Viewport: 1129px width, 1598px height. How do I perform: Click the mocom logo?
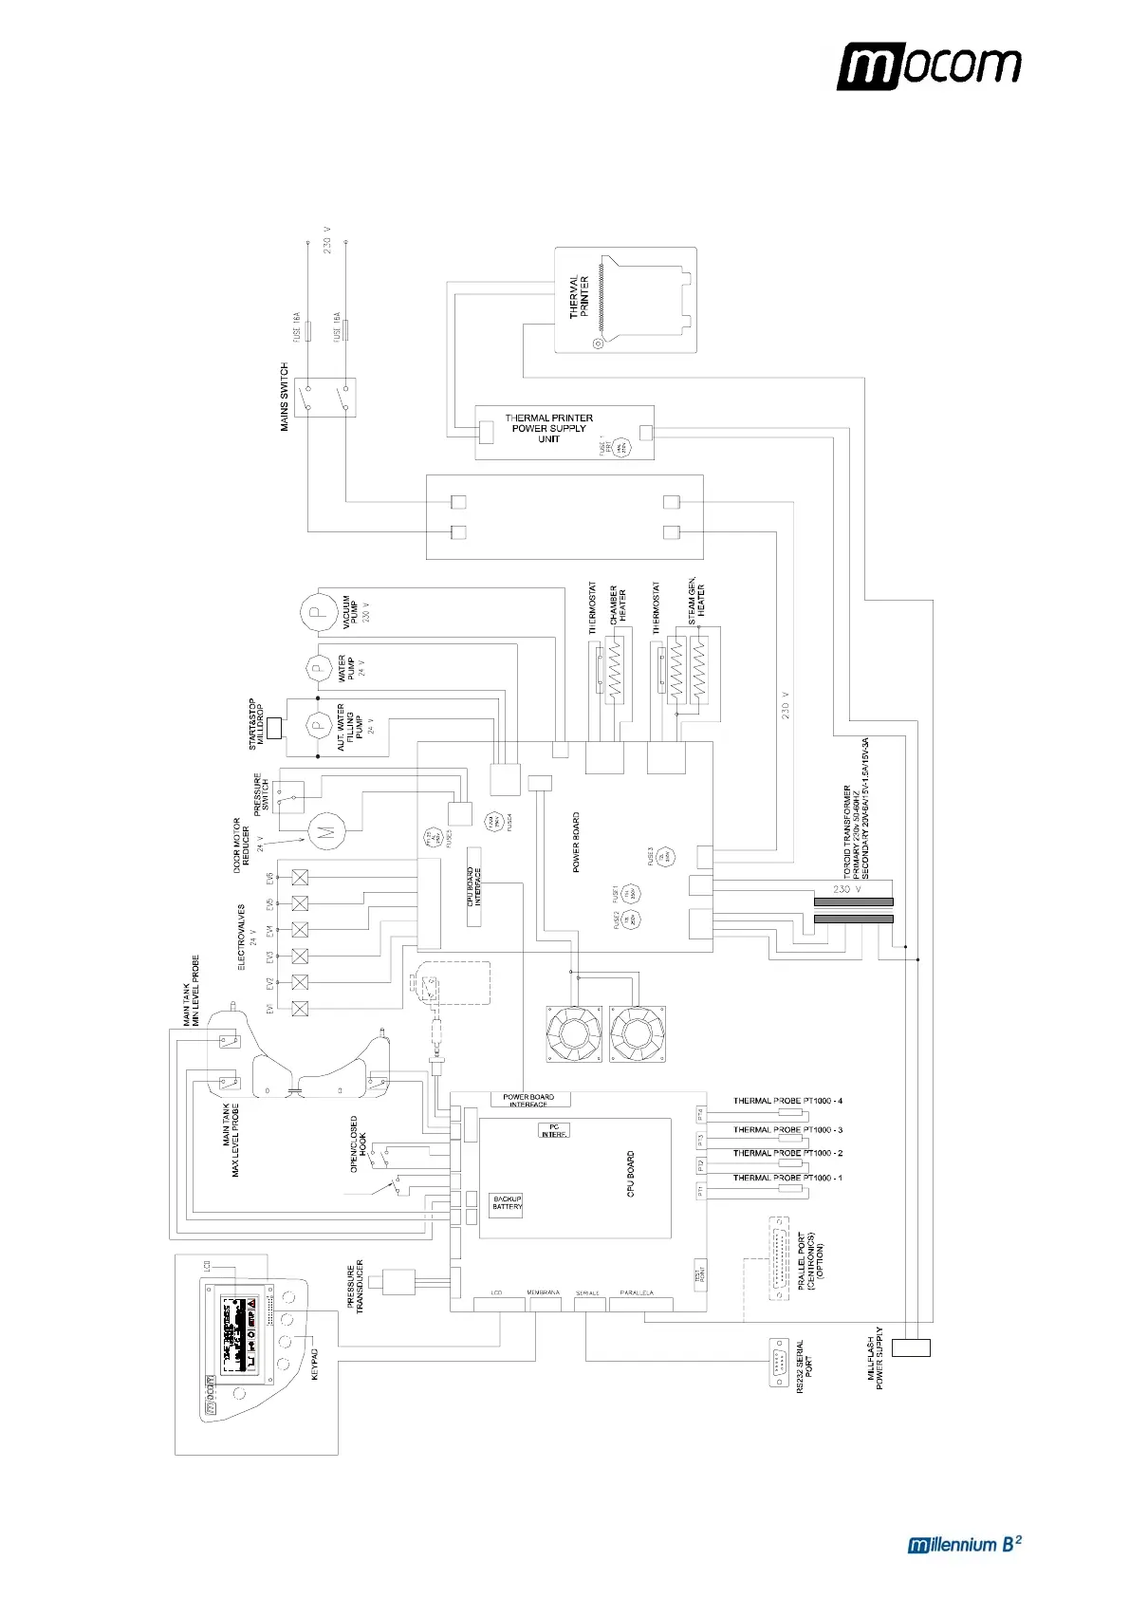pyautogui.click(x=928, y=65)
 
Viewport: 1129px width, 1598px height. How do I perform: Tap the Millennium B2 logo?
pyautogui.click(x=964, y=1544)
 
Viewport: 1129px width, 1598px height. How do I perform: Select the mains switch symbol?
pyautogui.click(x=324, y=397)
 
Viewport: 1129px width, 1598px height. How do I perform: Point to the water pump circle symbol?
pyautogui.click(x=317, y=668)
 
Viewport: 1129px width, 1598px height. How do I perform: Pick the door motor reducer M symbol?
pyautogui.click(x=325, y=832)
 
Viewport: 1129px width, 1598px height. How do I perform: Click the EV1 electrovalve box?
pyautogui.click(x=300, y=1009)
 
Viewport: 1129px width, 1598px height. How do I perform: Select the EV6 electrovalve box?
pyautogui.click(x=300, y=877)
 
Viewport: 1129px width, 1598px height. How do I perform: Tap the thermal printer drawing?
pyautogui.click(x=625, y=300)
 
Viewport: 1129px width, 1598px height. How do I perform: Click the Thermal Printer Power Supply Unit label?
pyautogui.click(x=548, y=428)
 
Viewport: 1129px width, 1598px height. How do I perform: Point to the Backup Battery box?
pyautogui.click(x=507, y=1203)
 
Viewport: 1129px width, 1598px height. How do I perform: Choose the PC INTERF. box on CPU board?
pyautogui.click(x=554, y=1131)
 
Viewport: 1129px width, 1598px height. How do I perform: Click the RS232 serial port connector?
pyautogui.click(x=778, y=1361)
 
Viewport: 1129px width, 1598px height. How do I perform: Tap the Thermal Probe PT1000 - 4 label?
pyautogui.click(x=787, y=1101)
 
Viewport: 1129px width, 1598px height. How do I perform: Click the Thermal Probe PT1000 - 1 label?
pyautogui.click(x=787, y=1178)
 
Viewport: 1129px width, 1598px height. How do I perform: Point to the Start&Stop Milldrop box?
pyautogui.click(x=275, y=728)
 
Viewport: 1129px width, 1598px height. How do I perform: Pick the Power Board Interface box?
pyautogui.click(x=529, y=1100)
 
